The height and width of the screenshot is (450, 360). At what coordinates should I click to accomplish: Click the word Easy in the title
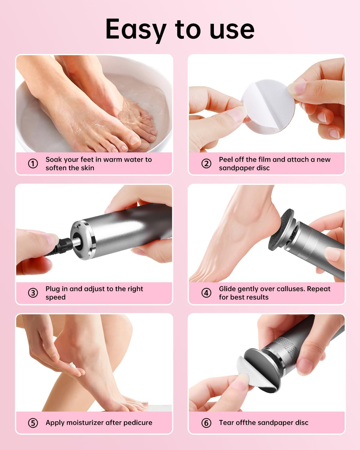click(x=136, y=29)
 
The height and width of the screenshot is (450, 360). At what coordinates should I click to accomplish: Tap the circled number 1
click(x=33, y=163)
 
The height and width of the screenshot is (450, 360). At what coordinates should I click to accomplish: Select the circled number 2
click(x=206, y=163)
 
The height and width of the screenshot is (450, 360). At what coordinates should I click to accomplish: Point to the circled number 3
click(x=33, y=293)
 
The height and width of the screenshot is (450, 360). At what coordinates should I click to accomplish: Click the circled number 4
click(x=206, y=293)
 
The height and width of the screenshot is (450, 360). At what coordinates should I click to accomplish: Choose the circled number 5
click(x=33, y=423)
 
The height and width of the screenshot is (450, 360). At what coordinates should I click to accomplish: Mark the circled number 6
click(x=206, y=423)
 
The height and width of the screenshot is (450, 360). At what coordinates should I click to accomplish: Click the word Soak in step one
click(x=53, y=160)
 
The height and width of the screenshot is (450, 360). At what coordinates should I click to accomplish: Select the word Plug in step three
click(x=53, y=289)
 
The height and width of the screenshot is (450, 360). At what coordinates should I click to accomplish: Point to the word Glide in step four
click(x=228, y=289)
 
